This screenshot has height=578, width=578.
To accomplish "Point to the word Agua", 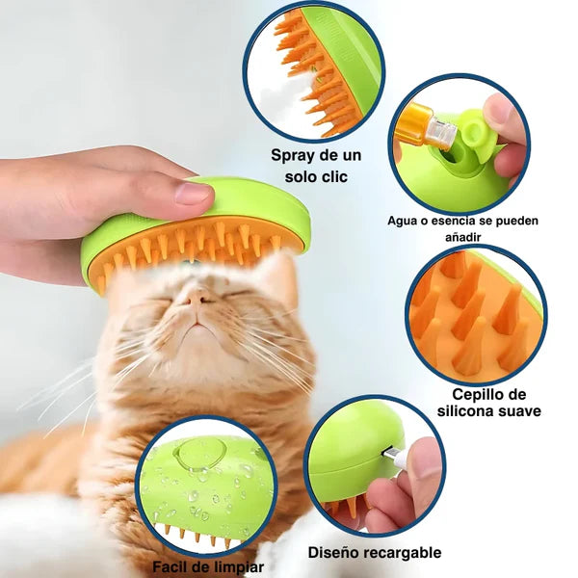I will [x=405, y=222].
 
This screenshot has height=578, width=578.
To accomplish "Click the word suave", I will [x=517, y=411].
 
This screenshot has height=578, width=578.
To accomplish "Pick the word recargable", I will [x=406, y=552].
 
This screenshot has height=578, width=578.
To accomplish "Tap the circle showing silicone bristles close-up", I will [x=475, y=313].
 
